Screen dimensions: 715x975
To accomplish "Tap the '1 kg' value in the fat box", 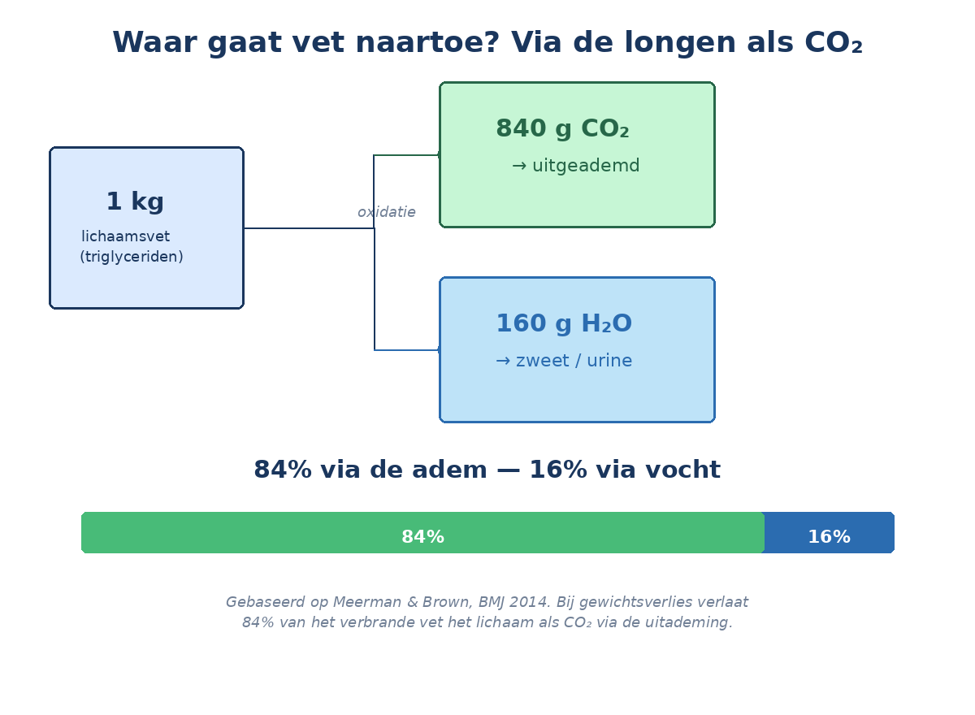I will pyautogui.click(x=135, y=202).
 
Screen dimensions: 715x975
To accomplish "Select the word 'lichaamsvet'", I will pyautogui.click(x=125, y=236).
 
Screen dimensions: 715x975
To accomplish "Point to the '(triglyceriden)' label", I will pyautogui.click(x=132, y=257).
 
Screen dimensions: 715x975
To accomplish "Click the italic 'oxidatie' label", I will pyautogui.click(x=386, y=213).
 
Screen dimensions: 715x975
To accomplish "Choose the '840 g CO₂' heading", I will pyautogui.click(x=562, y=129).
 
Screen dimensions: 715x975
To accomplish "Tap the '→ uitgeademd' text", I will pyautogui.click(x=575, y=167).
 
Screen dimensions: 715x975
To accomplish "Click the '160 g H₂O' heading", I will pyautogui.click(x=563, y=324).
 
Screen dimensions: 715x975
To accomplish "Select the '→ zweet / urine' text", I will pyautogui.click(x=563, y=362).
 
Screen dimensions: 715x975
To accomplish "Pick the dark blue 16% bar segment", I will pyautogui.click(x=829, y=533).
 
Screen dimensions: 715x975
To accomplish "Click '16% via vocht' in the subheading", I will pyautogui.click(x=624, y=470).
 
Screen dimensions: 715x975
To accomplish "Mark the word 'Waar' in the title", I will pyautogui.click(x=146, y=43).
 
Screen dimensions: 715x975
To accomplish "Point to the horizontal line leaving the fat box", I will pyautogui.click(x=309, y=228).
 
